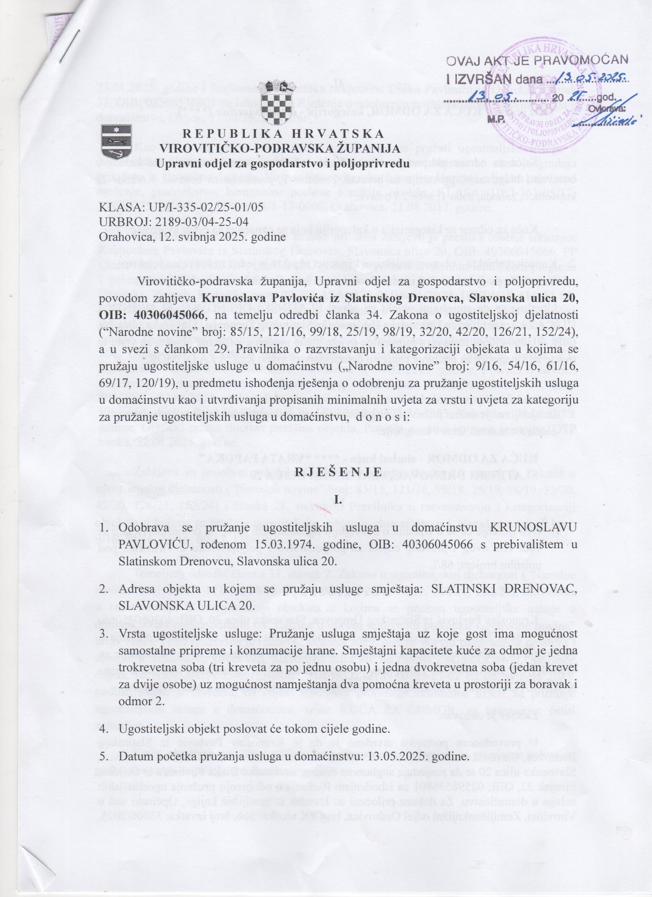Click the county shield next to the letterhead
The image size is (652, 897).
click(116, 141)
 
